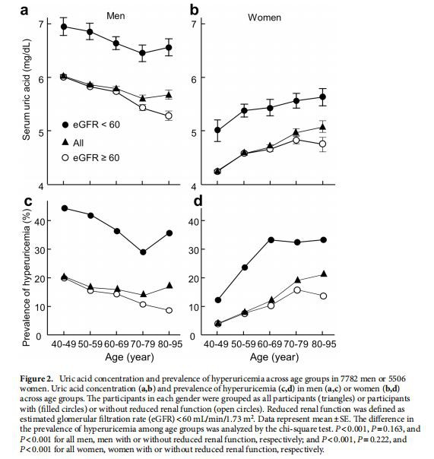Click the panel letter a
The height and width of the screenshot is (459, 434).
click(x=25, y=10)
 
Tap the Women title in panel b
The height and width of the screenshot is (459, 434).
click(x=265, y=16)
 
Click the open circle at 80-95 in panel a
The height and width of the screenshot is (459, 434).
click(x=169, y=116)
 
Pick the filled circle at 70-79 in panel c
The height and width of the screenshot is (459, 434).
click(x=143, y=252)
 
